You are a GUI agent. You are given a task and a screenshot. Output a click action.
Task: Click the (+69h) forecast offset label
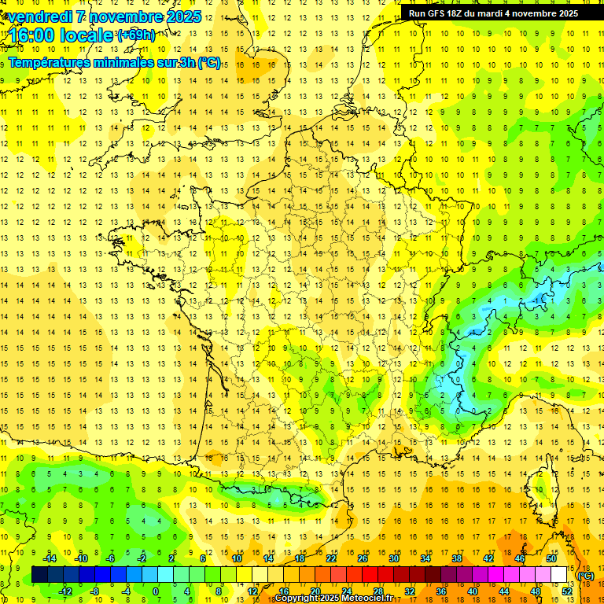[x=136, y=35]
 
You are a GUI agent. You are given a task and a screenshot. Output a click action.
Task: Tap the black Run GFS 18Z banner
[x=493, y=13]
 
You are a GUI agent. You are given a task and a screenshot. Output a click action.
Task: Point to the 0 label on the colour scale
[x=155, y=591]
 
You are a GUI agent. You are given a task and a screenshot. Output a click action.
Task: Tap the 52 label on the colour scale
[x=566, y=591]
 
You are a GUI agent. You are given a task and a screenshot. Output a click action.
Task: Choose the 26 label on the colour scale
[x=363, y=558]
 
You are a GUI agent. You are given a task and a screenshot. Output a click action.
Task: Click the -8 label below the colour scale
[x=94, y=591]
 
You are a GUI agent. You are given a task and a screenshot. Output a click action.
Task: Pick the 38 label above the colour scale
[x=457, y=558]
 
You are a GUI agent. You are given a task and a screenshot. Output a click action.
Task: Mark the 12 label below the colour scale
[x=252, y=591]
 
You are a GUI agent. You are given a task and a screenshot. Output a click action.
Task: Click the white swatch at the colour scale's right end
[x=559, y=575]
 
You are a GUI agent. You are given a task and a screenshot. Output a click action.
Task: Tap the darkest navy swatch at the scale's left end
[x=39, y=575]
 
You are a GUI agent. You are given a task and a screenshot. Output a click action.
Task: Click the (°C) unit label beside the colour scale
[x=586, y=575]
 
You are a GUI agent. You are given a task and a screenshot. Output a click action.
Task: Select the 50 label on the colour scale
[x=551, y=558]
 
